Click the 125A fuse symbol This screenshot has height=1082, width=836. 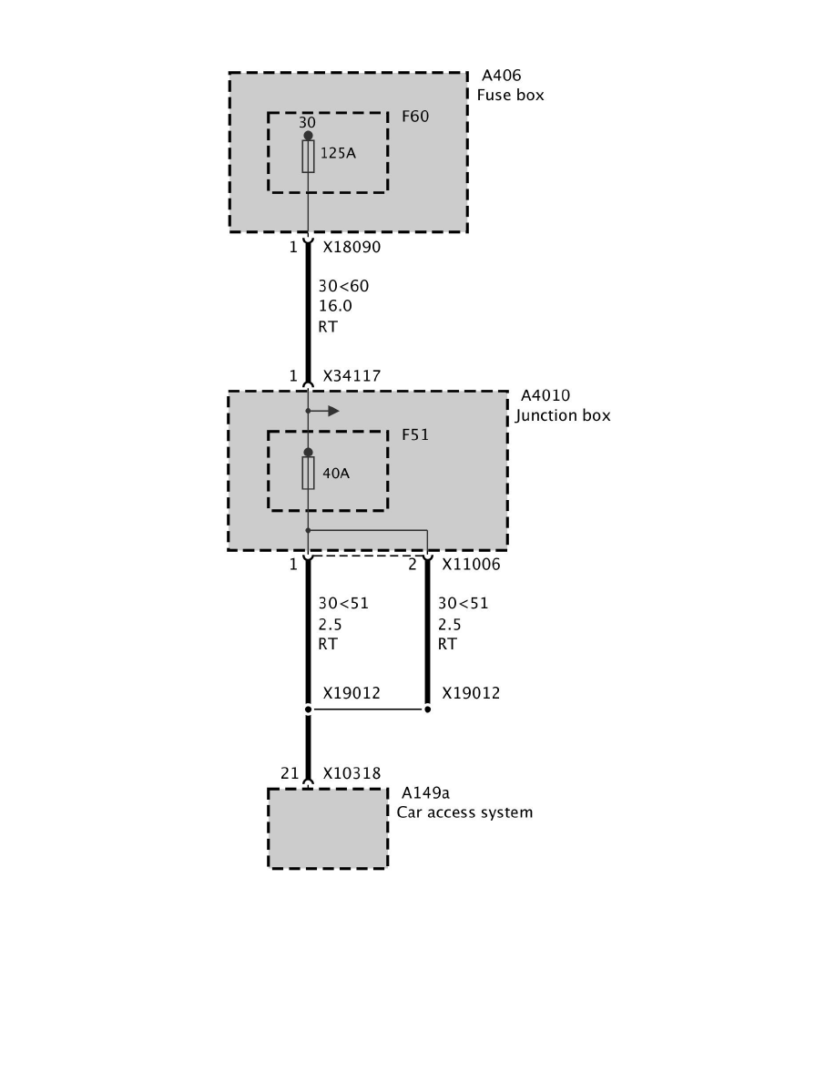308,157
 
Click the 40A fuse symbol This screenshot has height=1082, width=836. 308,474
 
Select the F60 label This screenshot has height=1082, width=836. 415,117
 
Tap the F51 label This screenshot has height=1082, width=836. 415,435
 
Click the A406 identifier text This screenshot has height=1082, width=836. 501,76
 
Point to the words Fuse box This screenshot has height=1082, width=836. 510,95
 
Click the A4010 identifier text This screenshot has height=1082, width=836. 544,396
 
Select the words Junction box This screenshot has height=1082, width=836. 563,415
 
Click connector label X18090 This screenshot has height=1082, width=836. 352,247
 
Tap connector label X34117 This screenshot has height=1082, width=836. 352,375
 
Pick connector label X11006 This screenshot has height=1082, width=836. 471,565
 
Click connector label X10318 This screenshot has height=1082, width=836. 352,773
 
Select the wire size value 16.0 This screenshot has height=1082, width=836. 335,306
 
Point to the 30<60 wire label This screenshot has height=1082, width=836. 343,286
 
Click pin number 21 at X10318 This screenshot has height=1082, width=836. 290,773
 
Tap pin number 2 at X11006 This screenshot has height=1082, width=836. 413,565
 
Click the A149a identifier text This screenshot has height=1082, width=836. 426,792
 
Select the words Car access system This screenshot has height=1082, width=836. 464,811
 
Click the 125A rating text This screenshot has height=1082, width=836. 338,153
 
